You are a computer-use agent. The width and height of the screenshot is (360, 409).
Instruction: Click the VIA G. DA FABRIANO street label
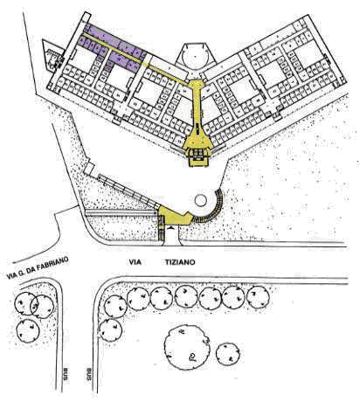38,267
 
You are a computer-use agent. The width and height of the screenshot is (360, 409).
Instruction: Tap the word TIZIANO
180,262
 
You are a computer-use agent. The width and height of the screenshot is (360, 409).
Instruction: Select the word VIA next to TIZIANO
135,262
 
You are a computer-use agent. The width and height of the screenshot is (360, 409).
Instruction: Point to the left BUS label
66,374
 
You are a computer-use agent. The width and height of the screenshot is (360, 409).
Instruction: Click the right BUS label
89,374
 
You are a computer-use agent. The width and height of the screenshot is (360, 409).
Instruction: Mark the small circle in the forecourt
201,200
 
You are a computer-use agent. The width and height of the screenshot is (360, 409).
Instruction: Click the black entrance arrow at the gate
172,228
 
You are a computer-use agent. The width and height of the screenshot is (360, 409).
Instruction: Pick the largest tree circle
187,348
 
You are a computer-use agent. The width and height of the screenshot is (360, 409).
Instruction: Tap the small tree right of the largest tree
228,354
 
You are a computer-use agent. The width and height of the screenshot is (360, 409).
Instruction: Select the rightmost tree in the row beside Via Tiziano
258,297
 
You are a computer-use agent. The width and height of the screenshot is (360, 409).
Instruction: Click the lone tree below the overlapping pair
28,330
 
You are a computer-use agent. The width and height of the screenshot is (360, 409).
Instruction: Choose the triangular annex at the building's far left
52,55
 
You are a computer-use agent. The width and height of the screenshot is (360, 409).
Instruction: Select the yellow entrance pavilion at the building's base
198,151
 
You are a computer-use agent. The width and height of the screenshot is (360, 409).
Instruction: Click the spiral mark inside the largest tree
192,357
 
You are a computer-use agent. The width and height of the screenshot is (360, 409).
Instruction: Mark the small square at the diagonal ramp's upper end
88,168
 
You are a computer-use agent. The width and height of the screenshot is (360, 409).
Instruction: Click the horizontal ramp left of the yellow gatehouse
121,213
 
